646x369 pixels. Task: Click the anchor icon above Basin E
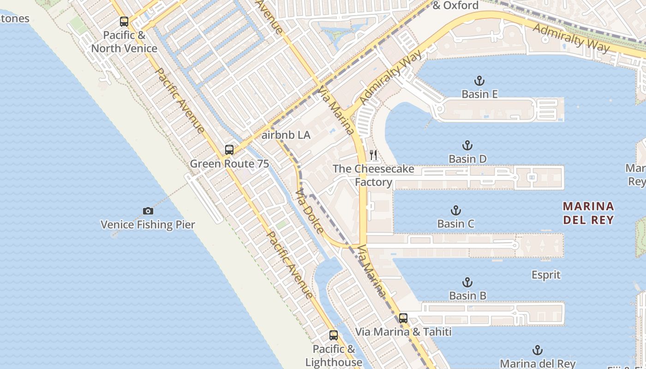pyautogui.click(x=479, y=81)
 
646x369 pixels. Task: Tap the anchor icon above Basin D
pyautogui.click(x=467, y=146)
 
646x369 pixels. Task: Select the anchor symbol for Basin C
pyautogui.click(x=455, y=211)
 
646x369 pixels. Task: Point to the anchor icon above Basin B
pyautogui.click(x=467, y=282)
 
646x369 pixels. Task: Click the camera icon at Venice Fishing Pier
pyautogui.click(x=148, y=211)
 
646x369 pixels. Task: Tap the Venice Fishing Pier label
pyautogui.click(x=148, y=225)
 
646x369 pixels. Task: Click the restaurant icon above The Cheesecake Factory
pyautogui.click(x=373, y=155)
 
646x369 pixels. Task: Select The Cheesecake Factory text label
pyautogui.click(x=373, y=175)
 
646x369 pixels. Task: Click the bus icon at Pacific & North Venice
pyautogui.click(x=124, y=21)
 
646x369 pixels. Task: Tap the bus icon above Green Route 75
pyautogui.click(x=229, y=149)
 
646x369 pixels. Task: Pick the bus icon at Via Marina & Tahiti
pyautogui.click(x=403, y=318)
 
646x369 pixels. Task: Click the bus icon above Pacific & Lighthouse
pyautogui.click(x=333, y=335)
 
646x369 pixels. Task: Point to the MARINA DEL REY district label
pyautogui.click(x=588, y=213)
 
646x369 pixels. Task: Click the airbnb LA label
pyautogui.click(x=286, y=136)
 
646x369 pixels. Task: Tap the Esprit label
pyautogui.click(x=546, y=275)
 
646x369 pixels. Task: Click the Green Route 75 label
pyautogui.click(x=229, y=164)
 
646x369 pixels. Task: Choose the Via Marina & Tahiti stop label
pyautogui.click(x=403, y=332)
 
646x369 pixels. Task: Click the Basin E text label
pyautogui.click(x=479, y=94)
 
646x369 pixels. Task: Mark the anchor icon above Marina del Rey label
pyautogui.click(x=537, y=350)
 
